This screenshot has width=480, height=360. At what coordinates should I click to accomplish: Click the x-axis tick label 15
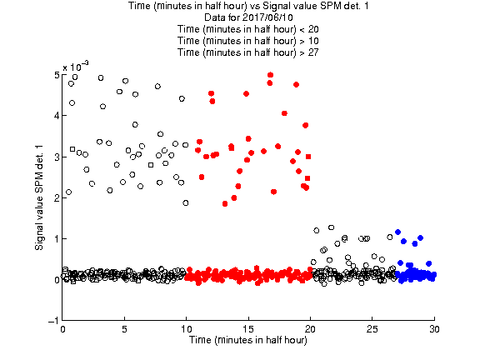pos(248,329)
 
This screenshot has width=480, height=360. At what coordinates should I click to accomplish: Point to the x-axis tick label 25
pos(372,329)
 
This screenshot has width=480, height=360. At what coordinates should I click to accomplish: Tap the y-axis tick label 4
pos(57,116)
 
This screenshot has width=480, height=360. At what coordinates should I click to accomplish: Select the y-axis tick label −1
pos(53,321)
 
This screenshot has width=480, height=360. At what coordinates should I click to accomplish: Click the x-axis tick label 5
pos(124,329)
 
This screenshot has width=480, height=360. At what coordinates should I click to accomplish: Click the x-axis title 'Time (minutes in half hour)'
pos(248,340)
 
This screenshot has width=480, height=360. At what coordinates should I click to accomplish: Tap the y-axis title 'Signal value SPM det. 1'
pos(39,197)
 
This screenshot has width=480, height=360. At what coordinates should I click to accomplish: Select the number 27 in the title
pos(313,52)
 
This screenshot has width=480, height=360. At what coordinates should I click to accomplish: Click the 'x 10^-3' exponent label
pos(76,66)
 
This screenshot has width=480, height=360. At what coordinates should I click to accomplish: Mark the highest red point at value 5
pos(270,75)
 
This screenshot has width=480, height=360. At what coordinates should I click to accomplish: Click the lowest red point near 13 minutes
pos(225,203)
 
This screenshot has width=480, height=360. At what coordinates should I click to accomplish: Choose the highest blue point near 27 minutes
pos(398,232)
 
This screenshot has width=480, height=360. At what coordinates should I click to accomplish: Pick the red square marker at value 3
pos(308,157)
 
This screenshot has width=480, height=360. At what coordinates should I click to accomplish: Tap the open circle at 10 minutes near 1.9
pos(186,203)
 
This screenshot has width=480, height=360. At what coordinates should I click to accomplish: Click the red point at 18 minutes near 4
pos(284,113)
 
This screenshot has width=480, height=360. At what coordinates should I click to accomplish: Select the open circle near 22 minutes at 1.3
pos(331,227)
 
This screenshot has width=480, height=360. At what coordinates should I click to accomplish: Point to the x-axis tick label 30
pos(434,329)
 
